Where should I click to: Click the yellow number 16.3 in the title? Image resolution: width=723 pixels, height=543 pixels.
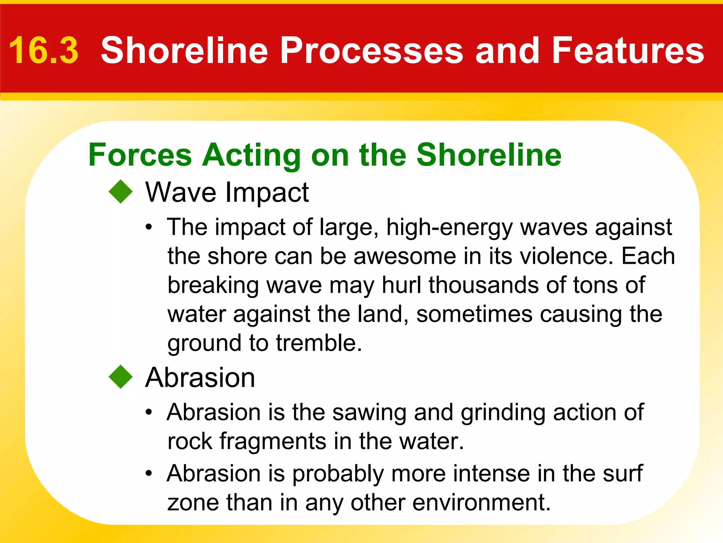point(43,51)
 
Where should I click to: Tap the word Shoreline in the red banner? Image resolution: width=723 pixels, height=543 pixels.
point(184,51)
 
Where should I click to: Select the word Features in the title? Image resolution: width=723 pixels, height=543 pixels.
point(628,51)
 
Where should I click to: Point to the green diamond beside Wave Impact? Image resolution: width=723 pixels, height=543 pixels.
point(121,192)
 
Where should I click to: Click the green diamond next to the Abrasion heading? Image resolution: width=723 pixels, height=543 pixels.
point(121,377)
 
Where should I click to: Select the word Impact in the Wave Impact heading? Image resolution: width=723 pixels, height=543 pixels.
point(267,192)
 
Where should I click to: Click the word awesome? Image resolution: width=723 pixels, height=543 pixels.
point(405,256)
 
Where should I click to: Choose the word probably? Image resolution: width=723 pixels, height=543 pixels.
point(338,474)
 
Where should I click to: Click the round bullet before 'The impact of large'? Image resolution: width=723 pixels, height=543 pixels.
point(149,227)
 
